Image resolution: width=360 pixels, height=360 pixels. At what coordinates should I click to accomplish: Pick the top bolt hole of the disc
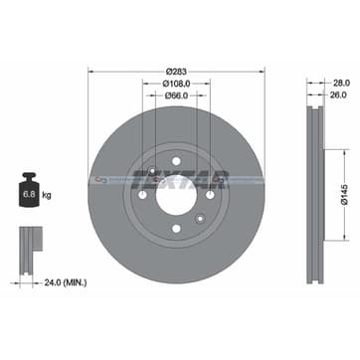point(175,142)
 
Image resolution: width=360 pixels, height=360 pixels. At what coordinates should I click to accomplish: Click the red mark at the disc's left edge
point(91,180)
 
